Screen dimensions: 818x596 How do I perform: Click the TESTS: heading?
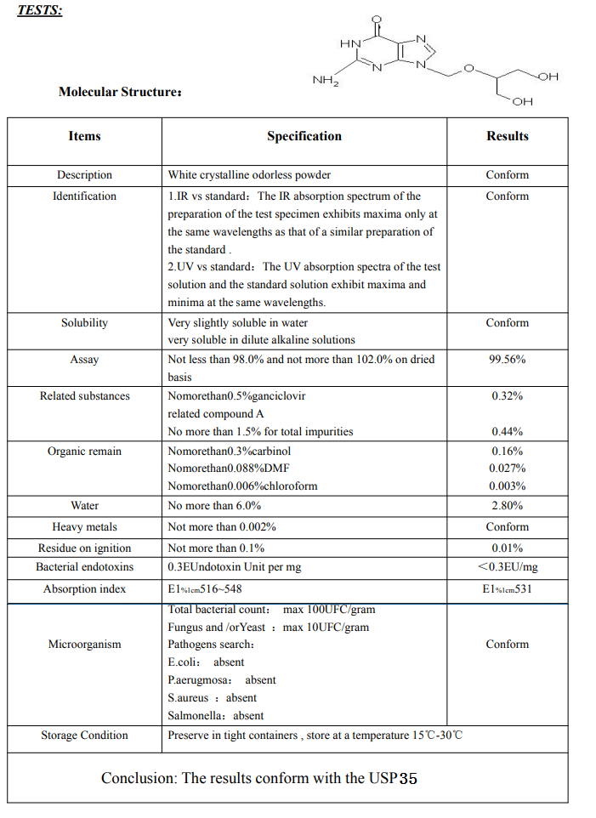tap(40, 13)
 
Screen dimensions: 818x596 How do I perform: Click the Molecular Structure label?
tap(119, 92)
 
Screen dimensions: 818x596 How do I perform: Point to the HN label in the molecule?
tap(349, 43)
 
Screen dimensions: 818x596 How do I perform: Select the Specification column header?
tap(304, 136)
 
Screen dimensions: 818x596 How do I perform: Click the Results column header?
tap(507, 136)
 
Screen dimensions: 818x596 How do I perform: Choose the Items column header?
tap(84, 136)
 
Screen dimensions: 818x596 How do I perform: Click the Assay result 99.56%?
tap(507, 360)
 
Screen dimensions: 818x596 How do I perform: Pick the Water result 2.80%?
tap(507, 506)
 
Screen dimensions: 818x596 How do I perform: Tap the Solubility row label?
tap(84, 323)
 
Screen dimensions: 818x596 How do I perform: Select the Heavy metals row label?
tap(84, 527)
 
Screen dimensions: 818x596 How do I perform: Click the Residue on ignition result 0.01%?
tap(507, 548)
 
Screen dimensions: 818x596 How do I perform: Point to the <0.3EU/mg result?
tap(507, 567)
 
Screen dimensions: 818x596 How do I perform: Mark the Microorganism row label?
tap(84, 645)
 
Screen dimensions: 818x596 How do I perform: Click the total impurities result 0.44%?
tap(507, 432)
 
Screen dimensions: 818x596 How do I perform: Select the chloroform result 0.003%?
tap(507, 486)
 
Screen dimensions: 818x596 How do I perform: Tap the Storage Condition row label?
tap(84, 736)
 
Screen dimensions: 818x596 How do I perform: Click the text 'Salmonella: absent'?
tap(216, 716)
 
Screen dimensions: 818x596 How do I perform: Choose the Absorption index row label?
tap(84, 589)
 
